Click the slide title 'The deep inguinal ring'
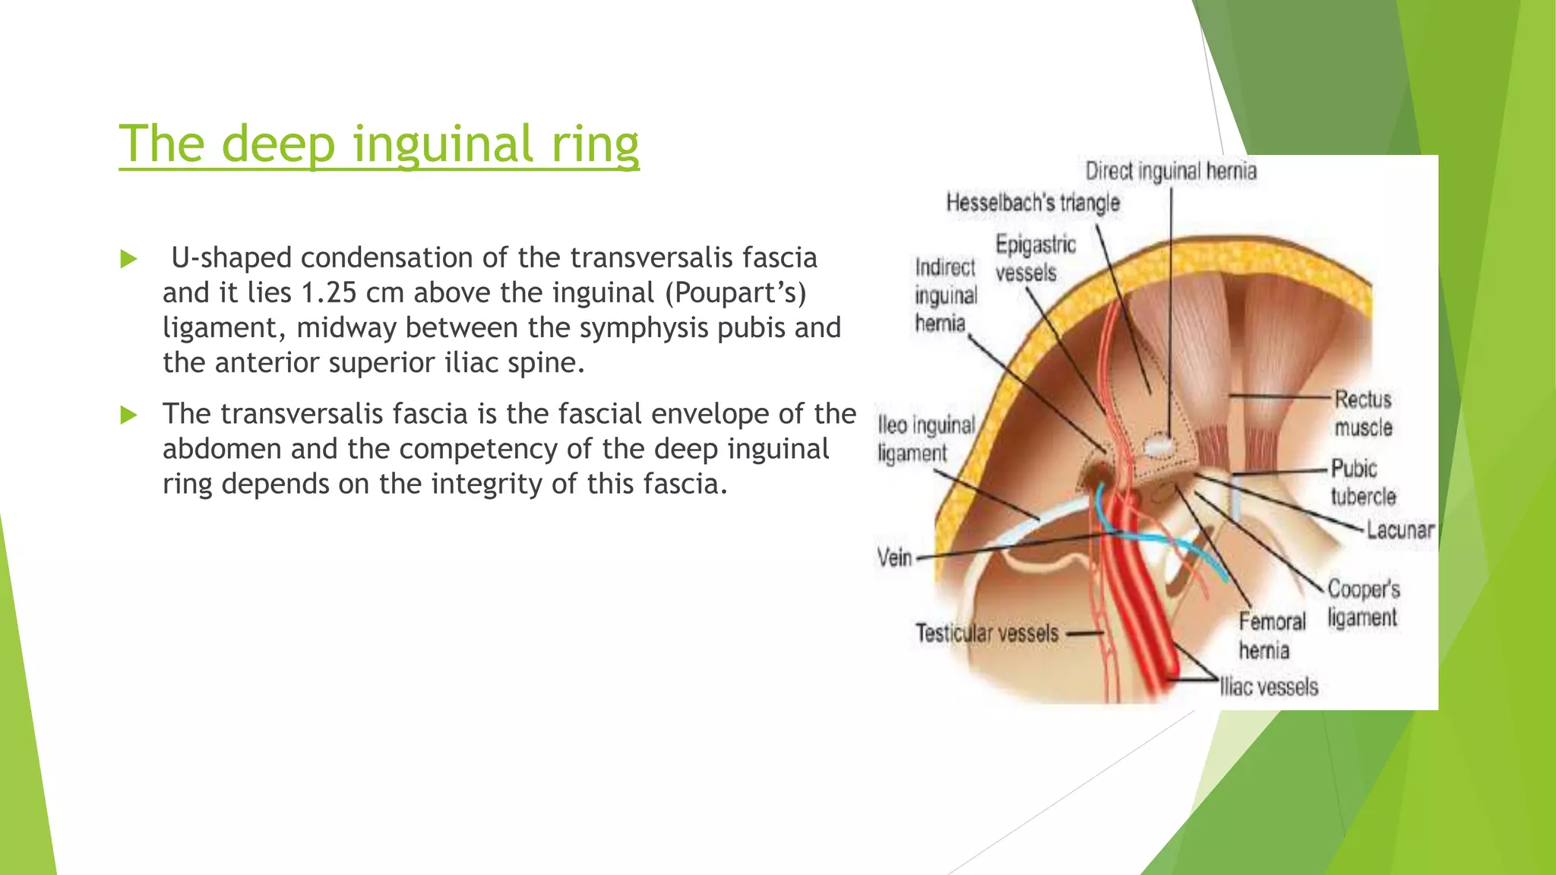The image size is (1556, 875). pyautogui.click(x=378, y=144)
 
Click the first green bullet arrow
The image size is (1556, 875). pyautogui.click(x=129, y=260)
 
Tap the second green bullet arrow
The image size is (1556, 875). pyautogui.click(x=129, y=415)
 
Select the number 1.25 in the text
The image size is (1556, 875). pyautogui.click(x=329, y=292)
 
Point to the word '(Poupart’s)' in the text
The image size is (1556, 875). pyautogui.click(x=735, y=292)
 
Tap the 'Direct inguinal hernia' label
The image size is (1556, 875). pyautogui.click(x=1170, y=171)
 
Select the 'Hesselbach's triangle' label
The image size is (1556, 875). pyautogui.click(x=1033, y=203)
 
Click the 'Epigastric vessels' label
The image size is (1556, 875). pyautogui.click(x=1035, y=258)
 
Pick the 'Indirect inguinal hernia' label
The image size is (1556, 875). pyautogui.click(x=944, y=295)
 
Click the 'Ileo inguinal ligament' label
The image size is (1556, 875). pyautogui.click(x=925, y=438)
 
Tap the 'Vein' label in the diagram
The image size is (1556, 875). pyautogui.click(x=894, y=558)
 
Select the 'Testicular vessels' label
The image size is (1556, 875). pyautogui.click(x=986, y=633)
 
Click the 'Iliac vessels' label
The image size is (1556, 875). pyautogui.click(x=1268, y=687)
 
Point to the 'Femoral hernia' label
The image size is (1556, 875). pyautogui.click(x=1271, y=636)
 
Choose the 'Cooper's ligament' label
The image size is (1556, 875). pyautogui.click(x=1363, y=603)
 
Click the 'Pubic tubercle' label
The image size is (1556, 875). pyautogui.click(x=1363, y=482)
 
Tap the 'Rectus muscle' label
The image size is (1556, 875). pyautogui.click(x=1363, y=413)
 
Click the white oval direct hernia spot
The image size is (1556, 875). pyautogui.click(x=1159, y=445)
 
